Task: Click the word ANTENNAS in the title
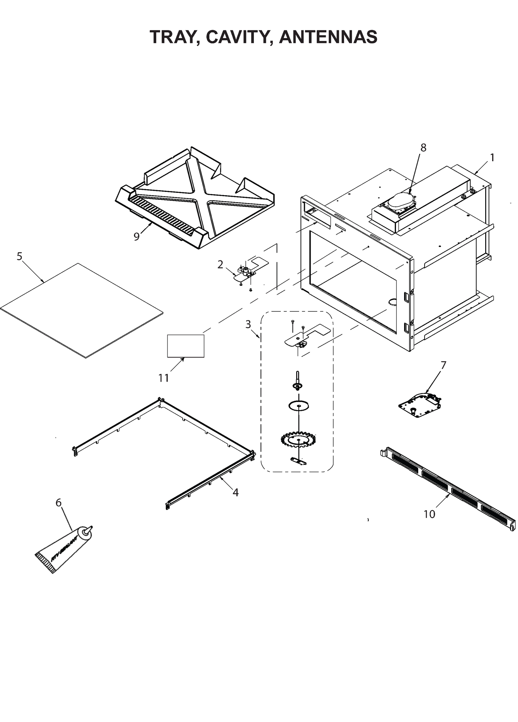[328, 37]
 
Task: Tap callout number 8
[423, 148]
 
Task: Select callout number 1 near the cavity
[492, 158]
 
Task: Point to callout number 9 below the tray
[136, 236]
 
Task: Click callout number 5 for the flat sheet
[20, 256]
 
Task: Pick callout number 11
[163, 378]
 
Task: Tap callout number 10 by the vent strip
[429, 514]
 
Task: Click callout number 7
[443, 365]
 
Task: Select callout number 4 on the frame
[235, 492]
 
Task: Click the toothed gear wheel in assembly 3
[297, 440]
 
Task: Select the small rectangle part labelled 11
[186, 346]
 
